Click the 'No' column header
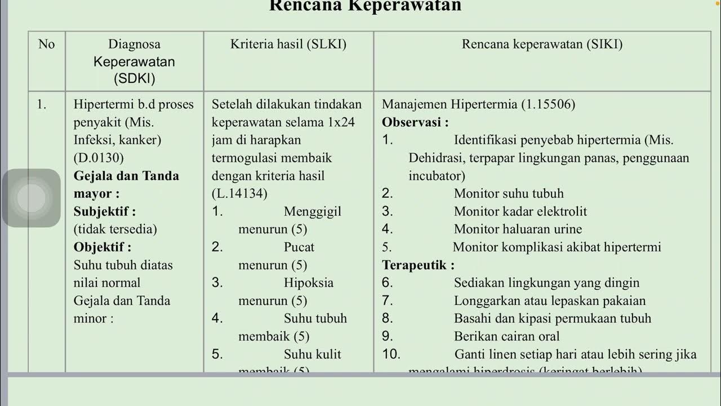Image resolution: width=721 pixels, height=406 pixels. (47, 44)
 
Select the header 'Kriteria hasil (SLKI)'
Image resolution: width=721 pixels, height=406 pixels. (288, 44)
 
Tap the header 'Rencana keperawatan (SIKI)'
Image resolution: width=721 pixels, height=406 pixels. (542, 44)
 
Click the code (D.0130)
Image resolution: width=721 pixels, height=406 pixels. (99, 158)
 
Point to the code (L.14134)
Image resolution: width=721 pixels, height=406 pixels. (239, 193)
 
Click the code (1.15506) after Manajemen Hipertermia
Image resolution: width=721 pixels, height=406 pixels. (548, 104)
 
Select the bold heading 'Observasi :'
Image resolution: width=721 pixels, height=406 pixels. (415, 122)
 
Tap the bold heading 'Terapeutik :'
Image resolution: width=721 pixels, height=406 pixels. (418, 265)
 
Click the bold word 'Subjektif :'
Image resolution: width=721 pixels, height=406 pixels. (105, 211)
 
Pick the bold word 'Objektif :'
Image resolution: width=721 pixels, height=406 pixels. (103, 247)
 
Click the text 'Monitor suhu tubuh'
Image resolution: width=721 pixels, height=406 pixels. (509, 193)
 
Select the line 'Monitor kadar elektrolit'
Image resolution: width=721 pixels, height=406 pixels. (520, 211)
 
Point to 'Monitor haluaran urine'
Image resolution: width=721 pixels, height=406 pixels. (518, 229)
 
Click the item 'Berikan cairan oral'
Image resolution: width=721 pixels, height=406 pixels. (506, 337)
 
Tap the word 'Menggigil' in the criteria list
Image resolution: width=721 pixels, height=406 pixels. (313, 211)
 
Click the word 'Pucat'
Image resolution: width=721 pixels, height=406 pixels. (299, 247)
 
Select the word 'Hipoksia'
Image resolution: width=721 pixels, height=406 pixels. (309, 283)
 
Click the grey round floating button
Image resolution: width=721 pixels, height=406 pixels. (32, 198)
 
